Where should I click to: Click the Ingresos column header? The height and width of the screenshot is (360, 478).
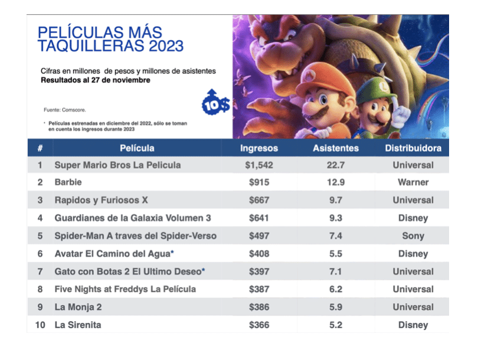pos(258,148)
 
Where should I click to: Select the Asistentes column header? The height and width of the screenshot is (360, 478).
pos(336,148)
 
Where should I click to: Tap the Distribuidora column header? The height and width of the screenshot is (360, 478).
pos(413,148)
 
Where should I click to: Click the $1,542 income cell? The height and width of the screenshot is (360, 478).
pos(258,165)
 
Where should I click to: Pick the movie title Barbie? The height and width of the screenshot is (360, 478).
pos(68,183)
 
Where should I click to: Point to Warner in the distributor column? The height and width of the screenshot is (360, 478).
pos(413,183)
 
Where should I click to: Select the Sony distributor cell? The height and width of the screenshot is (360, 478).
pos(413,236)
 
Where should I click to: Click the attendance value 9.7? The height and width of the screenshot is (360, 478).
pos(336,201)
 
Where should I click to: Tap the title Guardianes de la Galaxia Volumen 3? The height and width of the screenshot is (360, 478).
pos(132,218)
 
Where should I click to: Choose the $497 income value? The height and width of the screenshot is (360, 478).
pos(258,236)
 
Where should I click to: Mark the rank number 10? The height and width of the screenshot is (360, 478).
pos(40,325)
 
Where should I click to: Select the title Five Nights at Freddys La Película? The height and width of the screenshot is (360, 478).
pos(125,289)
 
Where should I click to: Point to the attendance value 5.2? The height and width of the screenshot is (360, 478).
pos(336,325)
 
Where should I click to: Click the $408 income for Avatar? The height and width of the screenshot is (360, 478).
pos(258,254)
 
